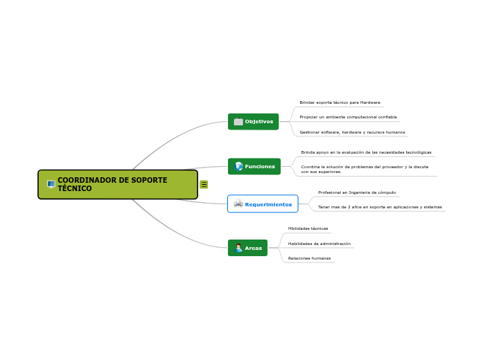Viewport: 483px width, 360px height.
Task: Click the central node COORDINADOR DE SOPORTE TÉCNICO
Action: (118, 184)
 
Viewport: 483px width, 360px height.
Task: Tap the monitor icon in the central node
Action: (51, 184)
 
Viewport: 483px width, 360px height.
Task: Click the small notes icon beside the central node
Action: (204, 184)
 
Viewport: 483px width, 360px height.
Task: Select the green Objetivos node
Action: (253, 122)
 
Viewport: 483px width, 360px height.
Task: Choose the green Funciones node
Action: (254, 166)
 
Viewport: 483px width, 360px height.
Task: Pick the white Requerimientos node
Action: (263, 204)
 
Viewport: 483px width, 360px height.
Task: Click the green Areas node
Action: (247, 248)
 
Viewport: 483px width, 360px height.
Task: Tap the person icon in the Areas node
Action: (238, 248)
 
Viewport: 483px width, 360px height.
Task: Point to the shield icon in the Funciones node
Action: (238, 166)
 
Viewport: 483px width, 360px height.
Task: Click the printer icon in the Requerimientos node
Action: (238, 204)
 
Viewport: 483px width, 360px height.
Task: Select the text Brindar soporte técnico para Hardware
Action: (340, 102)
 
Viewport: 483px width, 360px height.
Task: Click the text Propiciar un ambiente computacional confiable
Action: (348, 117)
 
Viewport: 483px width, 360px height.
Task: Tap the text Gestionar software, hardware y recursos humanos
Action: (352, 132)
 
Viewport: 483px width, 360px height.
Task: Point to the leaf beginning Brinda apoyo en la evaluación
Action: (366, 152)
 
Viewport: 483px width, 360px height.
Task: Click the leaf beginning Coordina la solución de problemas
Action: (365, 169)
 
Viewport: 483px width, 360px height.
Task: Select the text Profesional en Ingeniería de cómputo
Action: (357, 192)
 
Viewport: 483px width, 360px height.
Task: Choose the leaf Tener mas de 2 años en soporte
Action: (380, 207)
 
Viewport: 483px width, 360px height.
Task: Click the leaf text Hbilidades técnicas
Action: (308, 228)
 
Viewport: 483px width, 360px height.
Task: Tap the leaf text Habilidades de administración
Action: (319, 244)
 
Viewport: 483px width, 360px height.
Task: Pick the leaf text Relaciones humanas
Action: (309, 258)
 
